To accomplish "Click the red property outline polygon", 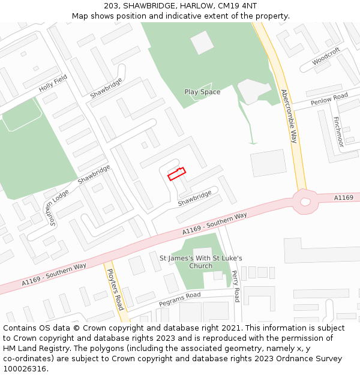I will click(176, 174).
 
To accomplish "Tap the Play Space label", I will click(202, 92).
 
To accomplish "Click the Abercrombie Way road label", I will click(289, 116).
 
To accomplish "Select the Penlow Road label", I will click(329, 100).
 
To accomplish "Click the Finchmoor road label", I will click(338, 131).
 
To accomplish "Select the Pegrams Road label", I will click(179, 298).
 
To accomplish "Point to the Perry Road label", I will click(236, 286).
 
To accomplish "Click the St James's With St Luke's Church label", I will click(200, 262).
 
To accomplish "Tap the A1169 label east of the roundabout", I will click(344, 197).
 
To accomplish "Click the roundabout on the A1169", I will click(306, 201).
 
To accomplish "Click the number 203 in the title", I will click(111, 5).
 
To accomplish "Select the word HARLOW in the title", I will click(193, 5).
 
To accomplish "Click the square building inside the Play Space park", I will click(202, 42).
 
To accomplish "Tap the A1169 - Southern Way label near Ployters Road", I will click(54, 274).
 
